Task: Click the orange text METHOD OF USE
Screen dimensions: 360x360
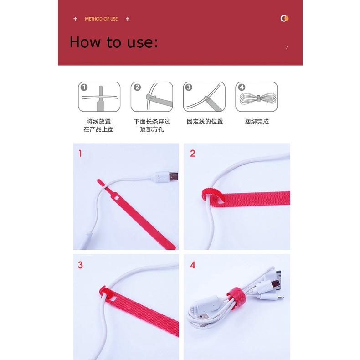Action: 101,19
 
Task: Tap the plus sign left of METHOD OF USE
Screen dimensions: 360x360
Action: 75,19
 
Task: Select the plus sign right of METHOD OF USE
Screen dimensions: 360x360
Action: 128,19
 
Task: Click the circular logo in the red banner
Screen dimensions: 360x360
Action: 284,18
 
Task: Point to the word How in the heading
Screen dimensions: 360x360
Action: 85,42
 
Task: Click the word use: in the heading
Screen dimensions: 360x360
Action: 143,43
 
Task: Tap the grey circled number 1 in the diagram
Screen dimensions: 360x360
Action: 84,87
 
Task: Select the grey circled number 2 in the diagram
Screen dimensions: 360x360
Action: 137,87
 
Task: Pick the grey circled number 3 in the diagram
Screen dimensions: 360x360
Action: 189,87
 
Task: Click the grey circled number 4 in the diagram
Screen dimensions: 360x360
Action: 242,87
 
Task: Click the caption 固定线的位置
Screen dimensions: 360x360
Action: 205,122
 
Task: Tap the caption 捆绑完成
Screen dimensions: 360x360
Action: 257,122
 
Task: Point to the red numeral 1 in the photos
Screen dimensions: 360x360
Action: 80,154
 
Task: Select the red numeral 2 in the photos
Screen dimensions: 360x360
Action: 193,154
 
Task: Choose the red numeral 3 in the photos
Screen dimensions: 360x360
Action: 80,265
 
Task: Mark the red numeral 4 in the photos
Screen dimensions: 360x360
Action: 193,265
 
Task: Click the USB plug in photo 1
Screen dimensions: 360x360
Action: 166,177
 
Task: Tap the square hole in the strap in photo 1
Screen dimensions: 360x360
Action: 116,198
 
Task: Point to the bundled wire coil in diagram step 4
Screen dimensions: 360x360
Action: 257,98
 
